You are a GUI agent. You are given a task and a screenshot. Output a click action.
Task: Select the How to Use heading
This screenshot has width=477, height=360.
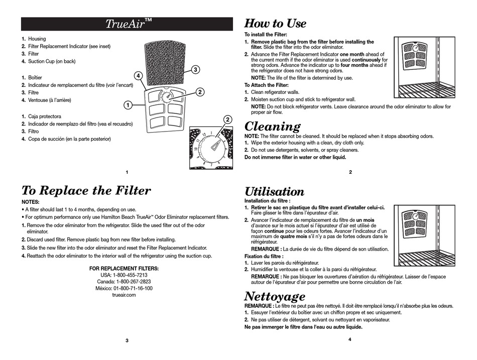[275, 24]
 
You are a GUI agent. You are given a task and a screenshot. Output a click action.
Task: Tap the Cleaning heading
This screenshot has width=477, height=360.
[272, 126]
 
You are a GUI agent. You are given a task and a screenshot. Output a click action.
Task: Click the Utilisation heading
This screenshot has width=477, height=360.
[274, 192]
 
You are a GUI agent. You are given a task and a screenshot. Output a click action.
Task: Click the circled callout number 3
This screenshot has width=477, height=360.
[194, 70]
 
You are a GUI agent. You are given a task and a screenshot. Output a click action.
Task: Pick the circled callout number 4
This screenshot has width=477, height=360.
[138, 75]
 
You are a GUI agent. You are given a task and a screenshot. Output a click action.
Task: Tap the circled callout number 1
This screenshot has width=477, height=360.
[128, 105]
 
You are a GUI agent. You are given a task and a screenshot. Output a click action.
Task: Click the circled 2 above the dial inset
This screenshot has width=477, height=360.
[227, 119]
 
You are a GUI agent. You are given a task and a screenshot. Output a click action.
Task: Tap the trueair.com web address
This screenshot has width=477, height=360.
[124, 295]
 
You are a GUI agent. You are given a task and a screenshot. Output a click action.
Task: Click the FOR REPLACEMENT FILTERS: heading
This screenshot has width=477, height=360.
[124, 269]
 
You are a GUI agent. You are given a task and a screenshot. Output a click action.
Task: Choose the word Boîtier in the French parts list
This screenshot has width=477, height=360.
[35, 77]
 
